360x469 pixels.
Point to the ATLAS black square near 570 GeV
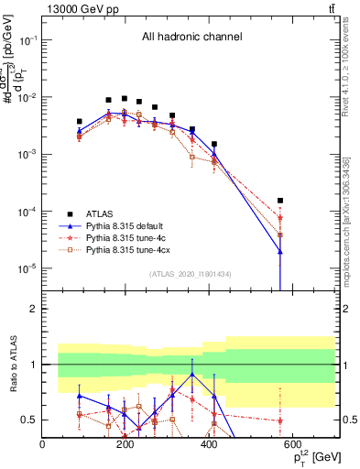tap(280, 200)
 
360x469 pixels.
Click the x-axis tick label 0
tap(43, 445)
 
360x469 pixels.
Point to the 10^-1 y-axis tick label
tap(27, 41)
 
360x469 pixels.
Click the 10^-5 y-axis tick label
tap(27, 268)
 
